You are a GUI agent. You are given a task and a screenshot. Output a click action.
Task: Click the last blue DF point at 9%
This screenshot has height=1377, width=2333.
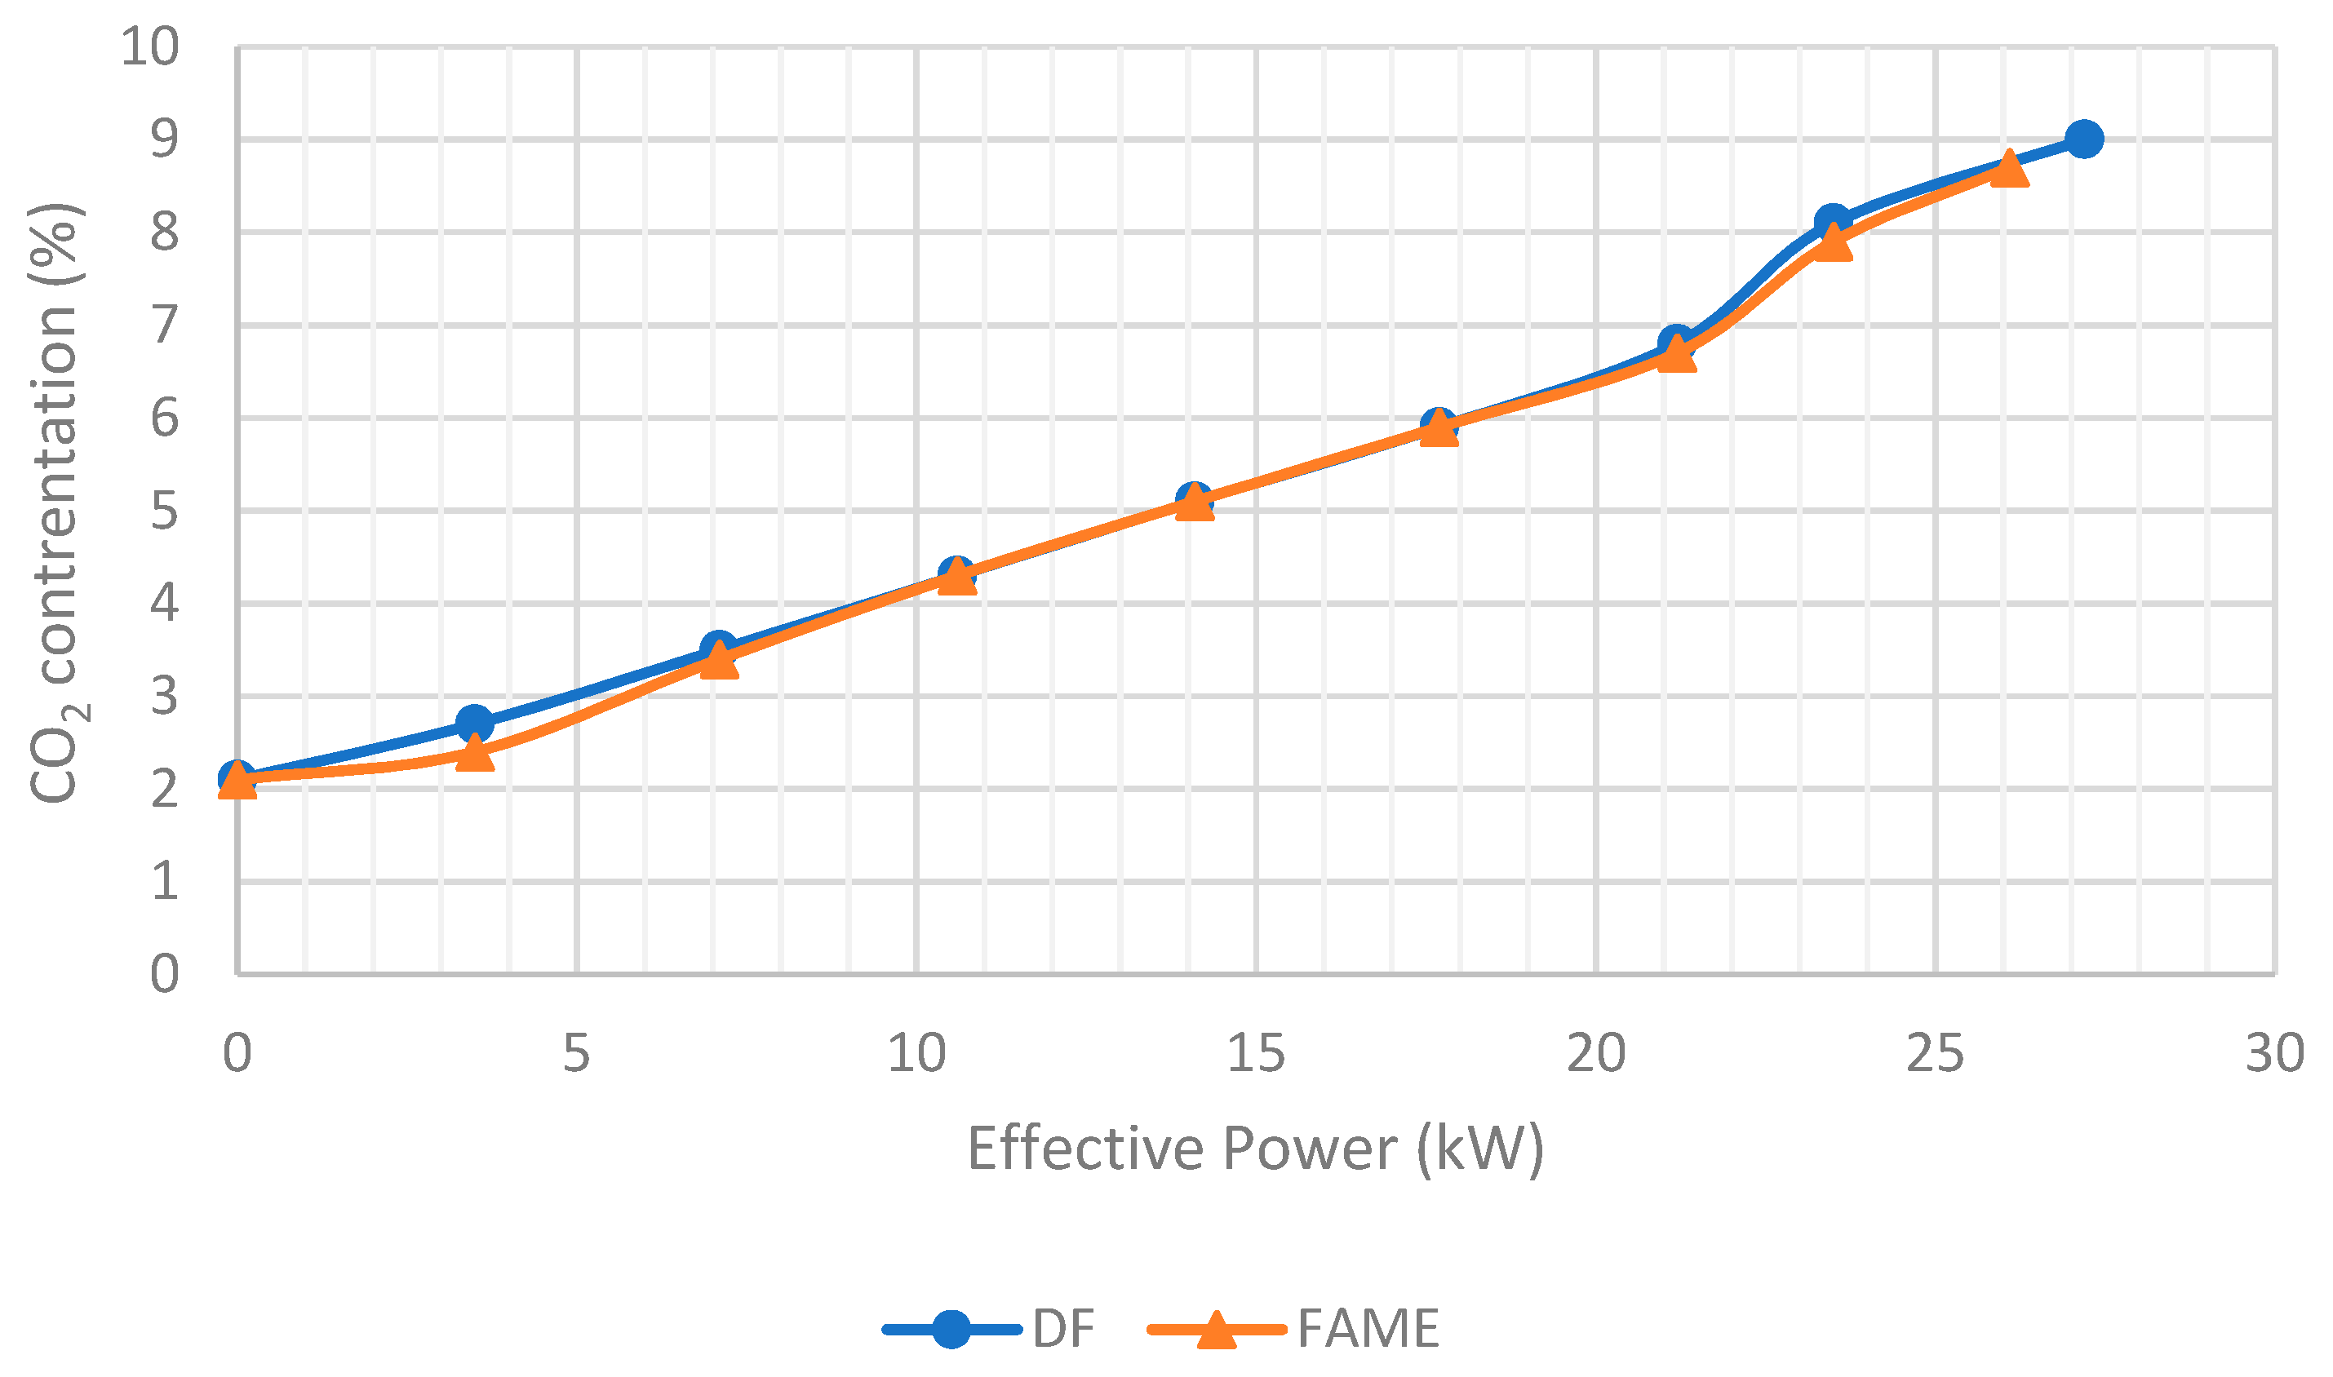pyautogui.click(x=2084, y=139)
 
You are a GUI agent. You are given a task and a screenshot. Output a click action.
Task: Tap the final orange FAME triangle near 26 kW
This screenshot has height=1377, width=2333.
pyautogui.click(x=2009, y=170)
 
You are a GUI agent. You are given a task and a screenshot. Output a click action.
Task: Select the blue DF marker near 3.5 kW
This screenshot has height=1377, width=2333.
pyautogui.click(x=474, y=723)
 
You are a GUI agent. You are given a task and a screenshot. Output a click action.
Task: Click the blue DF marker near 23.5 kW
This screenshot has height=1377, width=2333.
pyautogui.click(x=1832, y=223)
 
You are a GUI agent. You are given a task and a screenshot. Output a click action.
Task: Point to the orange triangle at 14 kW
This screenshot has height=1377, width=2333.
pyautogui.click(x=1195, y=504)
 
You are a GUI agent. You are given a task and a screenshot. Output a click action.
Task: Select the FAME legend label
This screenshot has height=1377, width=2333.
pyautogui.click(x=1368, y=1329)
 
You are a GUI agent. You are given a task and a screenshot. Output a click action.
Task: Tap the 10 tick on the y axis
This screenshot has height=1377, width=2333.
pyautogui.click(x=149, y=46)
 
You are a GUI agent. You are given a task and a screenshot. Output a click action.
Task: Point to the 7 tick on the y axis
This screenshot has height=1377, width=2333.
pyautogui.click(x=164, y=325)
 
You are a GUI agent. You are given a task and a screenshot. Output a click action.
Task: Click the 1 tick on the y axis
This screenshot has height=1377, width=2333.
pyautogui.click(x=164, y=880)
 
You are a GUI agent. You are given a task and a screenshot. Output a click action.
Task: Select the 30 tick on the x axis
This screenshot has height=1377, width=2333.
pyautogui.click(x=2274, y=1054)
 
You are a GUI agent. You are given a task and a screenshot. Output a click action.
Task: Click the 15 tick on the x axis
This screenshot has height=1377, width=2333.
pyautogui.click(x=1256, y=1054)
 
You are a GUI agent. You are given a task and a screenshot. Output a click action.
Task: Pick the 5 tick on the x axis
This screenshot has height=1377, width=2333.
pyautogui.click(x=576, y=1054)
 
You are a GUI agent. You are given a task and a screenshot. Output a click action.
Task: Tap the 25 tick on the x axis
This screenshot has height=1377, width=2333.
pyautogui.click(x=1935, y=1054)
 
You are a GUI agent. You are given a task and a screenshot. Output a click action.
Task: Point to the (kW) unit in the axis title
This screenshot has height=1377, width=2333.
pyautogui.click(x=1480, y=1149)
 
